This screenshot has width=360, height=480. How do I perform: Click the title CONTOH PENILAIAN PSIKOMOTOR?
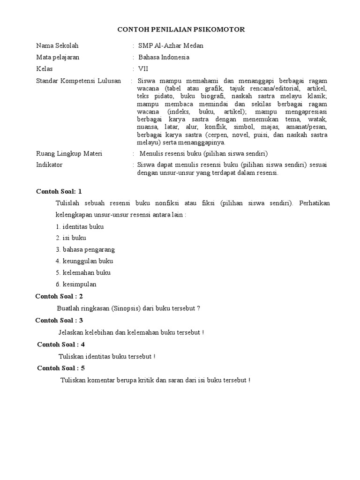point(180,30)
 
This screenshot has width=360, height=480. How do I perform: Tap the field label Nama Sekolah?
point(57,46)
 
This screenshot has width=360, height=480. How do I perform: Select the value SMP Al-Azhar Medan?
point(167,46)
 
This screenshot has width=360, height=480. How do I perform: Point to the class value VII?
point(142,69)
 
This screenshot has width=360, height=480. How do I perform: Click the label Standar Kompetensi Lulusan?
point(78,81)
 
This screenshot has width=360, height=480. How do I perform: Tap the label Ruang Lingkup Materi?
point(69,154)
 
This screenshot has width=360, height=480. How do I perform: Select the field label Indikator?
point(49,165)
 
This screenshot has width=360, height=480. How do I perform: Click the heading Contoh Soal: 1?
point(59,191)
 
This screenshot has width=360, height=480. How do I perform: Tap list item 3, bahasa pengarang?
point(85,249)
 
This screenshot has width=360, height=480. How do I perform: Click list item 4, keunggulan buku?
point(84,261)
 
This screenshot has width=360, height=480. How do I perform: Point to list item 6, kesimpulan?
point(76,284)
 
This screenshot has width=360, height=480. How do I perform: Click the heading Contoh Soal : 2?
point(59,296)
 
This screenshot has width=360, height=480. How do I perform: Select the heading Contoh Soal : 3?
point(59,320)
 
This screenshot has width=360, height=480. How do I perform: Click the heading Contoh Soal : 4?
point(61,344)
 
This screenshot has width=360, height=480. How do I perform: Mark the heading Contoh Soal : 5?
point(61,368)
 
